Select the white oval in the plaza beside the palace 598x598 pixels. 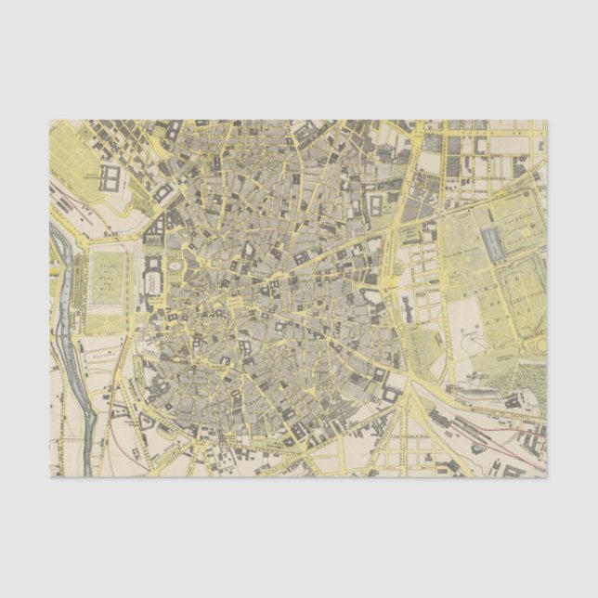point(174,269)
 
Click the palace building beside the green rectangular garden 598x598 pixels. point(151,275)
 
